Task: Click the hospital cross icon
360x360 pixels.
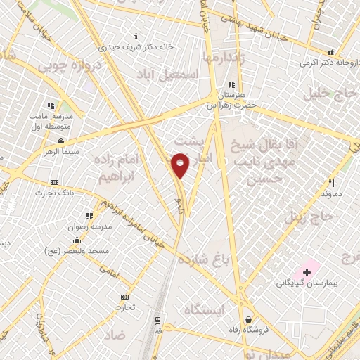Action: (307, 271)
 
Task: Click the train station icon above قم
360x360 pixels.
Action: (157, 319)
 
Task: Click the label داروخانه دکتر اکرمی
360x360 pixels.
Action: (330, 63)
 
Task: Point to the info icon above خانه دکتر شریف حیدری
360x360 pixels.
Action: (136, 36)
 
